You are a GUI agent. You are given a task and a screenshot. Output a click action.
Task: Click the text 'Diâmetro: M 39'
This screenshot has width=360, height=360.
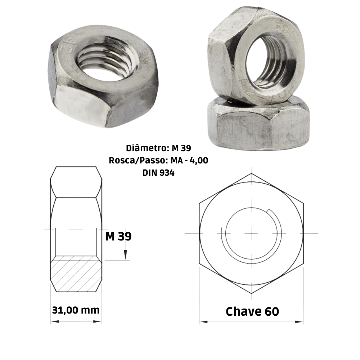point(158,148)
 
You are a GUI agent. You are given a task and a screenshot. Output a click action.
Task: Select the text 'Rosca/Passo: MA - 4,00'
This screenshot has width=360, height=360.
point(158,161)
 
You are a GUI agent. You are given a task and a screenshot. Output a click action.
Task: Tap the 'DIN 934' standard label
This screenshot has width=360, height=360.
point(158,173)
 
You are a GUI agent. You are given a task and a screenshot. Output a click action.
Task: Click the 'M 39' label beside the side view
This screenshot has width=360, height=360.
point(118,237)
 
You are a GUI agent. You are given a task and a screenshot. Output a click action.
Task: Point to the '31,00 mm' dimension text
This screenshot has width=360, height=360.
point(76,310)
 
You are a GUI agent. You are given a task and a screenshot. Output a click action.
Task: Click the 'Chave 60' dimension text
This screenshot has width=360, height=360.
point(252,311)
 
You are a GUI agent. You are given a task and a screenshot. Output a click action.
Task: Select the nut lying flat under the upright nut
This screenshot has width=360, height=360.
point(257,126)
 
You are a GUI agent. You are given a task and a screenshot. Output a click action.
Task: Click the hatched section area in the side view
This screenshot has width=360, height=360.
point(76,274)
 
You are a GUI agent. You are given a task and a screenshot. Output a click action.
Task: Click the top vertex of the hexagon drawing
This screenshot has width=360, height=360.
point(251,174)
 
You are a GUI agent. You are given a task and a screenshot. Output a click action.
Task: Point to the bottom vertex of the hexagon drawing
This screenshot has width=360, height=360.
point(251,293)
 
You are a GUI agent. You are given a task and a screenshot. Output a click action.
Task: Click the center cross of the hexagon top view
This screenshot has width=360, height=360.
point(251,233)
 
